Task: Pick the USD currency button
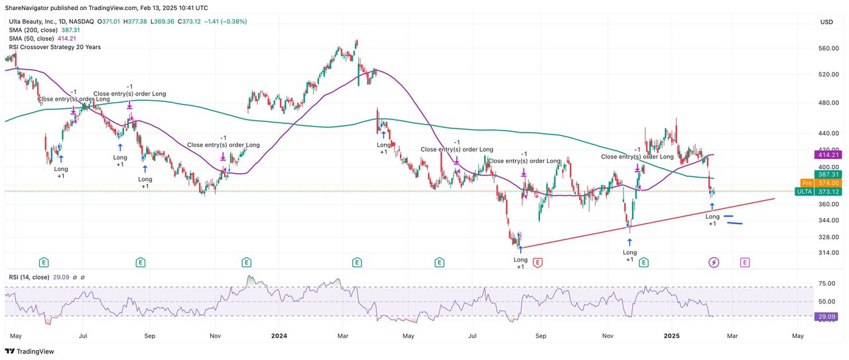826,22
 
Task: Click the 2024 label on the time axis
279,336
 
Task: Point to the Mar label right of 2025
732,336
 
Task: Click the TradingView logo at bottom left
31,351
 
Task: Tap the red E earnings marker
537,263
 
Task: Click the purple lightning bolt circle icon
714,263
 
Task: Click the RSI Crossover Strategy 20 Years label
54,47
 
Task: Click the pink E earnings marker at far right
745,263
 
